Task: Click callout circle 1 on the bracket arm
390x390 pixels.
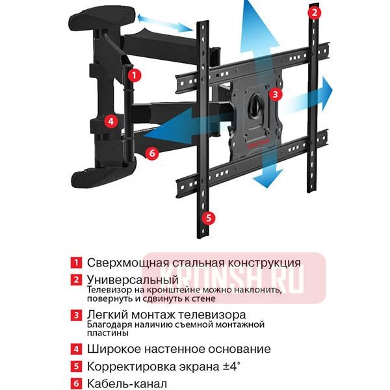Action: [135, 75]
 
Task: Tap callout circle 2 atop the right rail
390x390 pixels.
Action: [315, 12]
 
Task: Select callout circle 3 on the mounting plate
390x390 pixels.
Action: [276, 94]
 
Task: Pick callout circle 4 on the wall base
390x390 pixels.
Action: [111, 120]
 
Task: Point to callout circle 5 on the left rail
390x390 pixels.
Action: [207, 217]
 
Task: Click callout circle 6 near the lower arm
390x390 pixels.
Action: [151, 153]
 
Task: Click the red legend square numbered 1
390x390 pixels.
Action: [77, 263]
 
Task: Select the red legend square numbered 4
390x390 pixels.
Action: [77, 349]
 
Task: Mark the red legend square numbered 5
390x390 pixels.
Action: [77, 367]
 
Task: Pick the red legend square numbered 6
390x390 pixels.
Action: [77, 383]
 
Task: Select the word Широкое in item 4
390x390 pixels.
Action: [111, 349]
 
